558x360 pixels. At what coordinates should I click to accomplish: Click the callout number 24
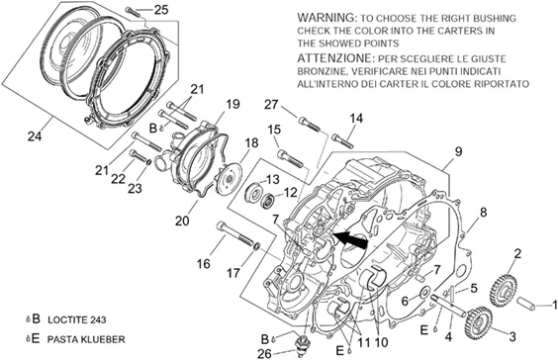click(35, 135)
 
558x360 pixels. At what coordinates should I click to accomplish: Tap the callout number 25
click(161, 10)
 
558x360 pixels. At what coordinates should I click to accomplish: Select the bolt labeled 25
click(134, 12)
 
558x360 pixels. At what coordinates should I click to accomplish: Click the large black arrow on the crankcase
click(350, 239)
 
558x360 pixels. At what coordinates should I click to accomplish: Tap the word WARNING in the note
click(325, 17)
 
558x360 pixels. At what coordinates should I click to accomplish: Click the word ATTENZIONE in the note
click(334, 58)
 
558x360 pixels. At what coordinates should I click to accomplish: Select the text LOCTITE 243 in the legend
click(77, 319)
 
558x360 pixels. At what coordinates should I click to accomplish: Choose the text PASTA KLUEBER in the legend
click(86, 339)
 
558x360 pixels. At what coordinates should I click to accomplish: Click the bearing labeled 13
click(253, 192)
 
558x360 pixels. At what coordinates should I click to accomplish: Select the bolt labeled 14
click(342, 140)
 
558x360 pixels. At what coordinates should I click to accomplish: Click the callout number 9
click(458, 151)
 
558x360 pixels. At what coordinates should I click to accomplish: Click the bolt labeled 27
click(309, 124)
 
